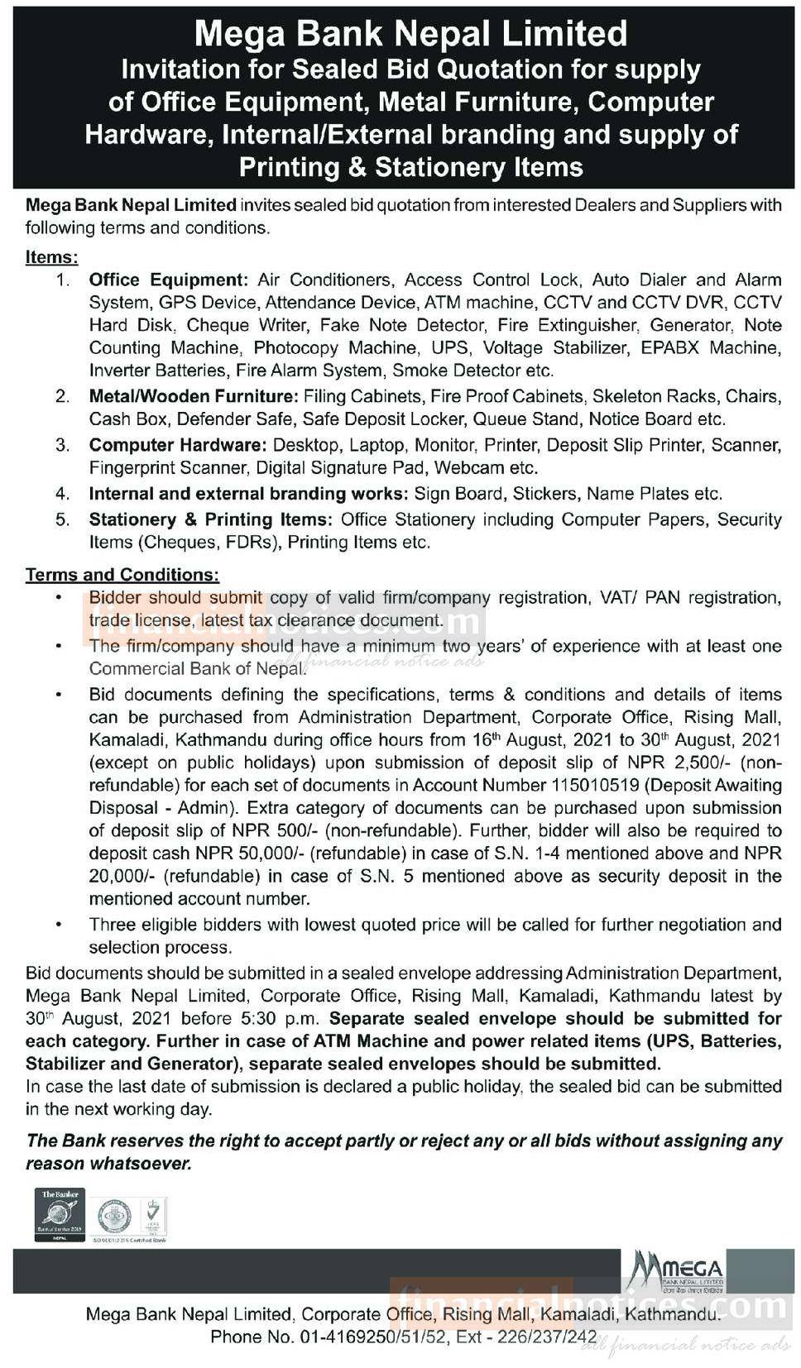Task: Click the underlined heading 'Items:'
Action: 51,256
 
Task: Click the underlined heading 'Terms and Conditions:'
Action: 122,574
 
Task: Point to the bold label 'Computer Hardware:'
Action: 178,445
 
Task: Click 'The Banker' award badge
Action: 59,1215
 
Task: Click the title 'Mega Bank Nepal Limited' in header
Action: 410,33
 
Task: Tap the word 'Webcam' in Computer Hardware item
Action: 468,467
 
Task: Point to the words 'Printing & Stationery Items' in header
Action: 410,167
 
